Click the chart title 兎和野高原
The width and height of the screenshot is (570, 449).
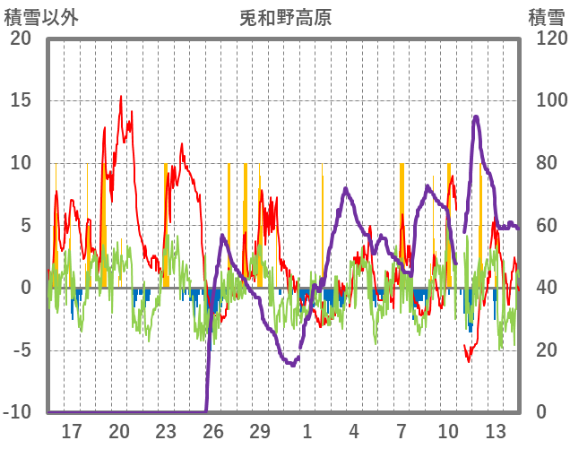(286, 17)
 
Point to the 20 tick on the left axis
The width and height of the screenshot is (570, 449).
(20, 39)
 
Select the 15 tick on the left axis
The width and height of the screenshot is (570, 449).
(20, 100)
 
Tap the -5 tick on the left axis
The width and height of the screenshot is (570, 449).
(20, 350)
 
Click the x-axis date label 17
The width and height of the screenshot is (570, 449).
(72, 431)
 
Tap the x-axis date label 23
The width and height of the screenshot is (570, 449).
(166, 431)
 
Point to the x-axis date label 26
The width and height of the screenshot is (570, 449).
(212, 431)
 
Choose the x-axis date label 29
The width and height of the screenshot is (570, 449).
(260, 431)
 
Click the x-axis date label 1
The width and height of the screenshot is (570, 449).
(307, 431)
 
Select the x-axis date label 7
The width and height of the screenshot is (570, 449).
(402, 431)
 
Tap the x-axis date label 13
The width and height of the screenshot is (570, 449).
(496, 431)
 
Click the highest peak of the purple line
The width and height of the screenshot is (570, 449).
(476, 117)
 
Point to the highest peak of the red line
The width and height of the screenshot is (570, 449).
(121, 97)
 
